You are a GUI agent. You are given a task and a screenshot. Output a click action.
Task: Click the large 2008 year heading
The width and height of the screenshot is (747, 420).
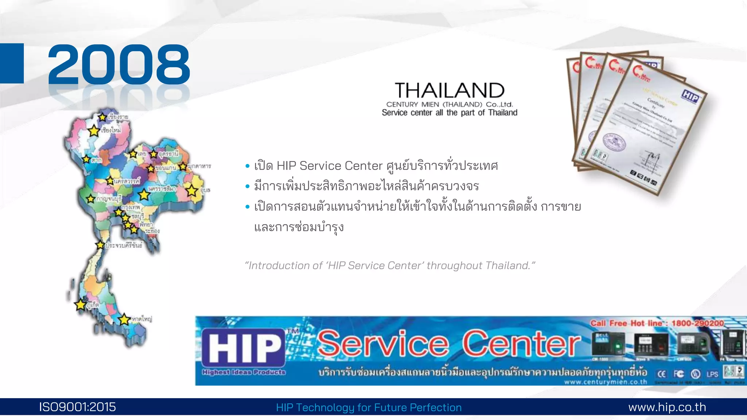pyautogui.click(x=119, y=65)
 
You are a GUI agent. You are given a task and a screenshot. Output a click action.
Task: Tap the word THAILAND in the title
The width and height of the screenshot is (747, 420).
pyautogui.click(x=449, y=90)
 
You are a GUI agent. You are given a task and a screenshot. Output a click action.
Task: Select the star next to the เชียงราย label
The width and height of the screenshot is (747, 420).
pyautogui.click(x=102, y=117)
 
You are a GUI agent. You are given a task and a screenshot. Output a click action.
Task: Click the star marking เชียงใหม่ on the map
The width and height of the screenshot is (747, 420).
pyautogui.click(x=94, y=131)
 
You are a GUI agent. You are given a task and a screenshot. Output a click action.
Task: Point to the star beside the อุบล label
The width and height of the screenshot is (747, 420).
pyautogui.click(x=192, y=190)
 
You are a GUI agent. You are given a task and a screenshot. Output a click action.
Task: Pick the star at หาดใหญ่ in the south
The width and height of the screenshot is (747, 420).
pyautogui.click(x=124, y=319)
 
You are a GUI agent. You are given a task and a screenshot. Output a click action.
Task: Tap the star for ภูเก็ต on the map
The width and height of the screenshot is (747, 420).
pyautogui.click(x=81, y=304)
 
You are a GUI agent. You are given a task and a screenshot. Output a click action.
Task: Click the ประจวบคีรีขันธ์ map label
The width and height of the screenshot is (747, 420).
pyautogui.click(x=124, y=245)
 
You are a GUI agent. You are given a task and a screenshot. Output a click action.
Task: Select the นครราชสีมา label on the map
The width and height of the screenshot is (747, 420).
pyautogui.click(x=162, y=189)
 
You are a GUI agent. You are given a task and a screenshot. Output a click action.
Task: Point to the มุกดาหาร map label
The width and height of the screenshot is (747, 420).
pyautogui.click(x=199, y=166)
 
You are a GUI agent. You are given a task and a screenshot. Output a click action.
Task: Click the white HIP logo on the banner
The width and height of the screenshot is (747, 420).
pyautogui.click(x=244, y=347)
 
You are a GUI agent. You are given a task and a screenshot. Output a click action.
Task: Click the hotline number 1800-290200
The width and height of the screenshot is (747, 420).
pyautogui.click(x=697, y=323)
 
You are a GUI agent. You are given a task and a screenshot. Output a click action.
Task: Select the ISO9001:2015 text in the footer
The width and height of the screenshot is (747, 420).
pyautogui.click(x=77, y=407)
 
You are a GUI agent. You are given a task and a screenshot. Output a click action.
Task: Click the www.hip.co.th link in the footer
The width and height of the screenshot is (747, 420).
pyautogui.click(x=667, y=407)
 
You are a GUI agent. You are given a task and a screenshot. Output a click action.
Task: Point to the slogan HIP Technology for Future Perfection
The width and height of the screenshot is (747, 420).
pyautogui.click(x=369, y=407)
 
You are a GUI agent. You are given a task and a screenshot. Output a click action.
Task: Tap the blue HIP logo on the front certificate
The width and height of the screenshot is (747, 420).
pyautogui.click(x=690, y=97)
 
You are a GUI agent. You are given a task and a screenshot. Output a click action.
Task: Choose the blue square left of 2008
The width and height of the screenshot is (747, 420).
pyautogui.click(x=12, y=63)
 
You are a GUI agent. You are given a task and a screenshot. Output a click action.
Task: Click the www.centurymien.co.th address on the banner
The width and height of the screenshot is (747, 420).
pyautogui.click(x=605, y=382)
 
